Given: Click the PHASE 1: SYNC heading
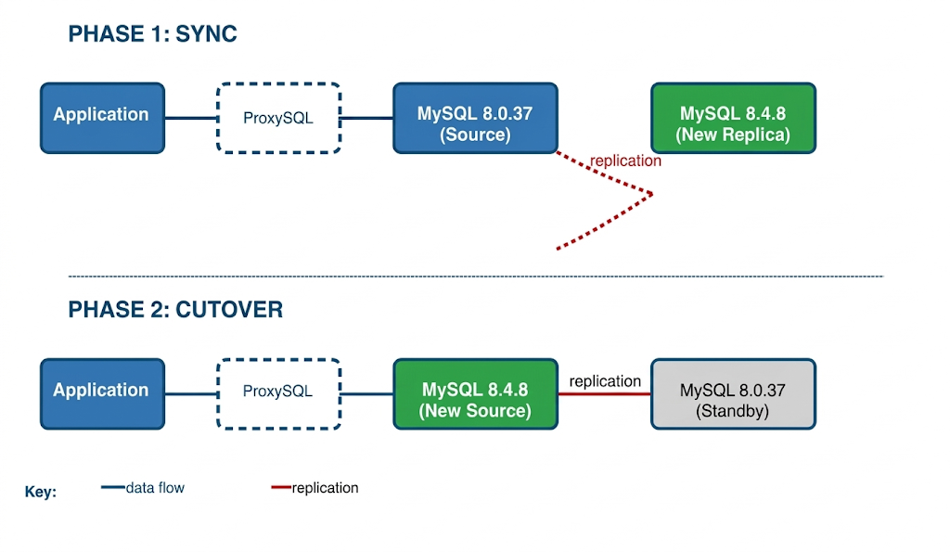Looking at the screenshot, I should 152,34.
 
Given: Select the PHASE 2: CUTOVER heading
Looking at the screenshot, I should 175,310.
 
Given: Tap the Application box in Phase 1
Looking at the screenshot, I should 102,118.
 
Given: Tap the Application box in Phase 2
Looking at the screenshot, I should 102,393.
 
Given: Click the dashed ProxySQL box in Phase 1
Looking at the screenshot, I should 278,118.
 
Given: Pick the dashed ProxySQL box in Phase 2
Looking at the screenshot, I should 278,393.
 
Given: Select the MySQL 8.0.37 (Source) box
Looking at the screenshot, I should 475,118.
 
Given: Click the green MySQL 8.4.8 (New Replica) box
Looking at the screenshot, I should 733,118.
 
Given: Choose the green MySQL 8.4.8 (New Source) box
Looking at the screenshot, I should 475,393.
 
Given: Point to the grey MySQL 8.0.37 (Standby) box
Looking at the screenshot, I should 733,393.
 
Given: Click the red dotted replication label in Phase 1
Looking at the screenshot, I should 625,161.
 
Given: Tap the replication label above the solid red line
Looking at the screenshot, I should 605,381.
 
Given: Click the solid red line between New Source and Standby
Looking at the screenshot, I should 605,394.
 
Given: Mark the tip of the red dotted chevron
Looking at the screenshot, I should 652,194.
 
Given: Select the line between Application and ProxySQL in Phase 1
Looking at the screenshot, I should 190,118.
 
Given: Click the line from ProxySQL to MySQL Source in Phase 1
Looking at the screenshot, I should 366,118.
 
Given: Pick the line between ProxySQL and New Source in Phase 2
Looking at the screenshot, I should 366,393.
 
